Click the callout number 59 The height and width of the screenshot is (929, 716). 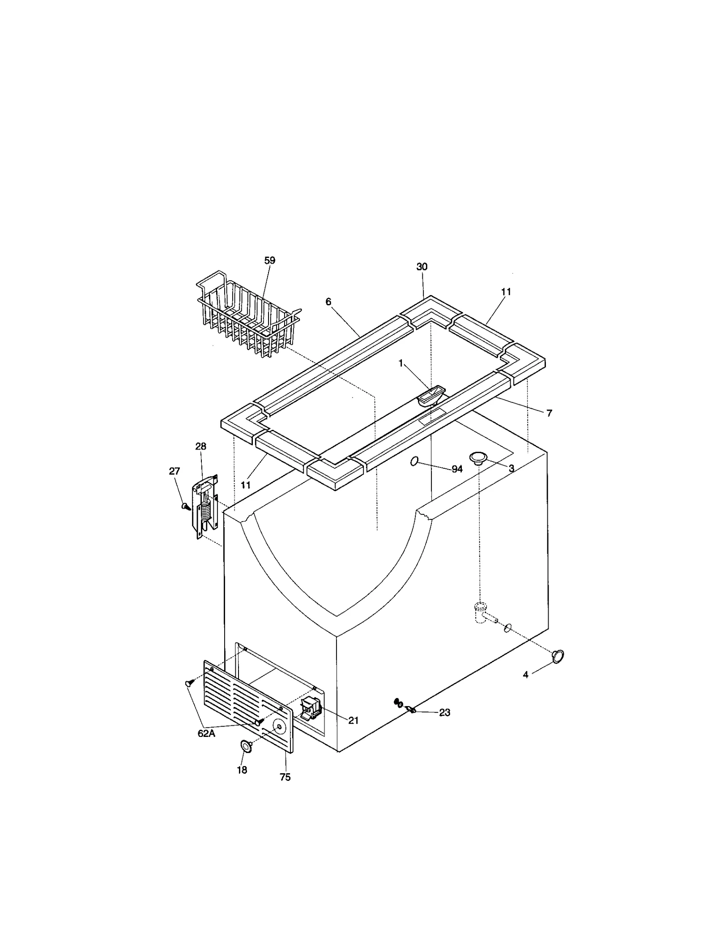click(x=269, y=261)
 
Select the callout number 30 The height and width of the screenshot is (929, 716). click(x=422, y=267)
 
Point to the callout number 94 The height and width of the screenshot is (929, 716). click(x=457, y=469)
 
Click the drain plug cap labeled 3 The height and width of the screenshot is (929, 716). click(x=477, y=458)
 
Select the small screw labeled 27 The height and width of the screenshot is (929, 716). click(x=185, y=506)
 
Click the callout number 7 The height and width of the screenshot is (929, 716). click(x=549, y=413)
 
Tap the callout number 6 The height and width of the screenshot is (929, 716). click(x=328, y=302)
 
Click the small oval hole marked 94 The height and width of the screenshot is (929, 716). click(x=414, y=461)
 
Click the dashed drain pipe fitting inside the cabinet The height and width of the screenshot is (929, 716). click(x=480, y=613)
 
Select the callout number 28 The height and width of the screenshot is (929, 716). click(x=200, y=446)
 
